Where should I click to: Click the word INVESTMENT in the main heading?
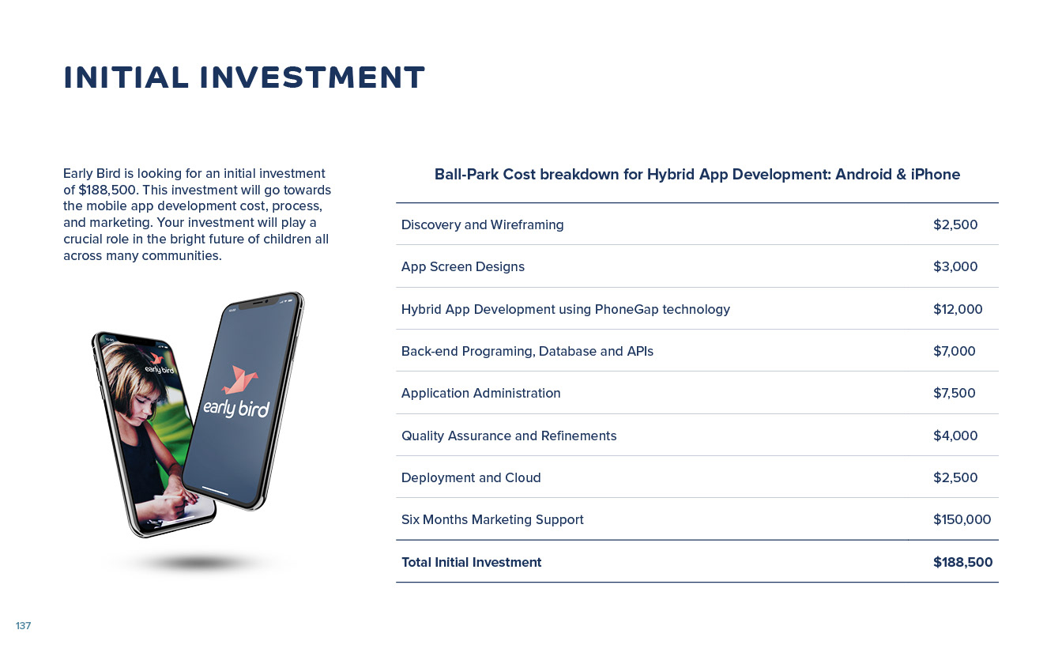click(x=312, y=77)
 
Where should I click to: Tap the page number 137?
click(x=23, y=625)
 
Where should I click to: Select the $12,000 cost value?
click(x=958, y=309)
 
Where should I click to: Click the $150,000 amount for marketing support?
click(x=962, y=519)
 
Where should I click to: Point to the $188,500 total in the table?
click(x=962, y=562)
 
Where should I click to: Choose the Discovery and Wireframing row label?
click(x=482, y=224)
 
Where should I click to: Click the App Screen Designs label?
click(x=463, y=266)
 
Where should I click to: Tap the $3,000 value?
click(x=955, y=266)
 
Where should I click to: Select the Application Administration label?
click(x=480, y=393)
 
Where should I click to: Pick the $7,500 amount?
click(x=954, y=393)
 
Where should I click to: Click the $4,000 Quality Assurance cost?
click(x=955, y=436)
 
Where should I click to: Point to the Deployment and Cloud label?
click(x=471, y=477)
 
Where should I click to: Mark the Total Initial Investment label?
click(x=471, y=562)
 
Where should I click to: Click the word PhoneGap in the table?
click(x=627, y=309)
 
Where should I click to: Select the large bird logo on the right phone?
click(x=240, y=379)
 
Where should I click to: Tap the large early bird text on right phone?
click(x=236, y=408)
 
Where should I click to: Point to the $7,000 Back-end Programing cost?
click(x=954, y=351)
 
